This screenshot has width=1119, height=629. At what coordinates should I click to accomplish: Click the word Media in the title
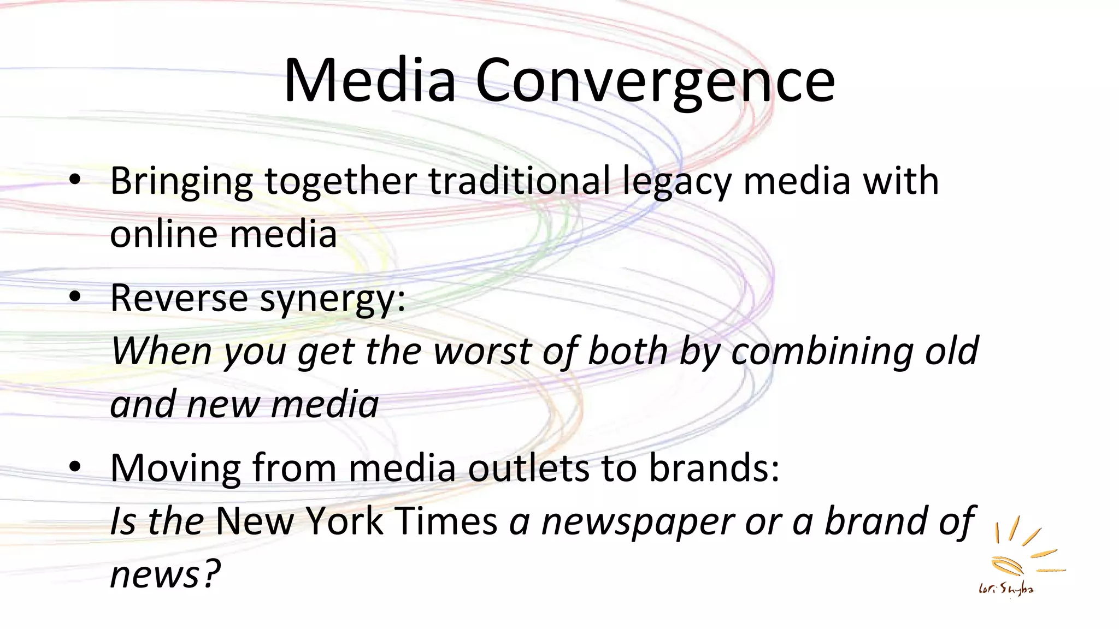click(x=370, y=81)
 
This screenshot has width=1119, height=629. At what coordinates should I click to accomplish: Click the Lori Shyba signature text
click(x=1006, y=589)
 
